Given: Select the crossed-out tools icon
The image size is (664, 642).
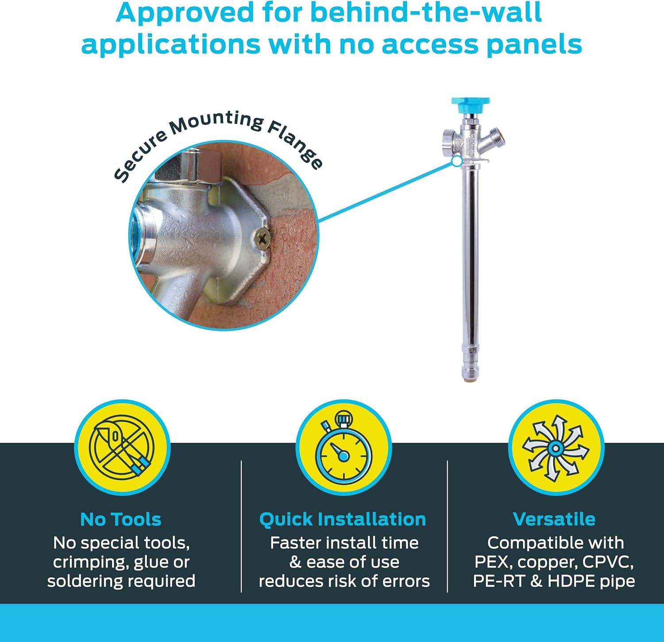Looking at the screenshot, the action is tap(122, 447).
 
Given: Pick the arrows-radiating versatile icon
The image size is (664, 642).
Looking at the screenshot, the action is tap(556, 448).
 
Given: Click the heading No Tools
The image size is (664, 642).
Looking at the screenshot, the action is tap(121, 519).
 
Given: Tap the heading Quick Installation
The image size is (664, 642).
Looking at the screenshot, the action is tap(343, 519).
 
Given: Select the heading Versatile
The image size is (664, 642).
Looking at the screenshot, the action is tap(554, 519).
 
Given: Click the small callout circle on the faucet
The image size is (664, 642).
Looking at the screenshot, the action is tap(457, 162).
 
